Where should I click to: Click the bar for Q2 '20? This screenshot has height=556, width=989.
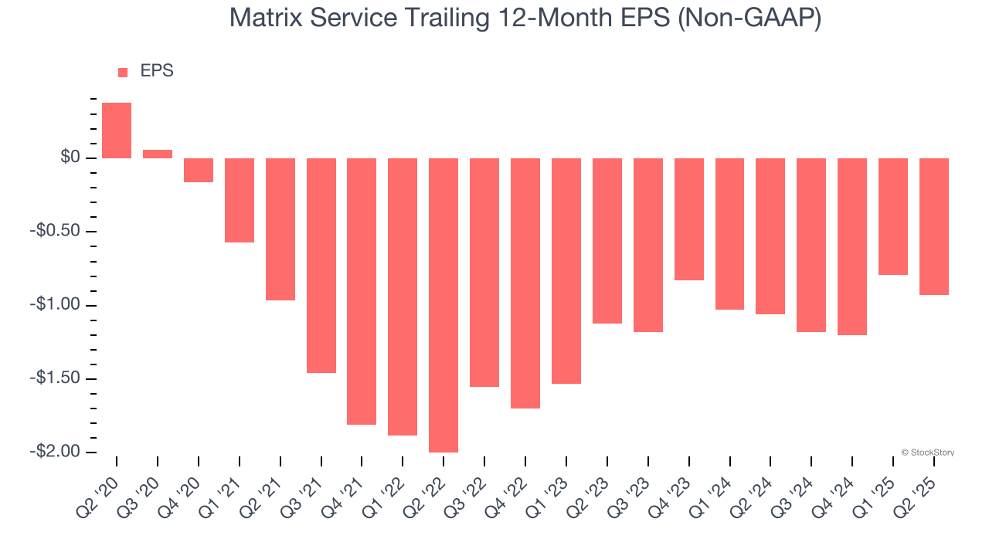[x=117, y=131]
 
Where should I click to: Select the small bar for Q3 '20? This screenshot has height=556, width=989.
[x=158, y=154]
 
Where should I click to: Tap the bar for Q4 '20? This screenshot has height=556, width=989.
[x=199, y=170]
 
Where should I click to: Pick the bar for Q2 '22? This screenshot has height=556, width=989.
[x=444, y=305]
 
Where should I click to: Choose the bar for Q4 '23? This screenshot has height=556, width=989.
[x=689, y=219]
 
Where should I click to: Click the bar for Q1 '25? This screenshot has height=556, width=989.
[x=893, y=216]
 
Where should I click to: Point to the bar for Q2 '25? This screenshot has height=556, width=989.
[x=934, y=226]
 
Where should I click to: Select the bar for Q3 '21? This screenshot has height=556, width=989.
[x=321, y=266]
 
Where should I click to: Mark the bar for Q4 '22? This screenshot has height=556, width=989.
[x=525, y=283]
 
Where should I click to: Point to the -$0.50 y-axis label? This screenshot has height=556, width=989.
[x=54, y=232]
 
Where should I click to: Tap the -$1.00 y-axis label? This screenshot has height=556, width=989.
[x=54, y=305]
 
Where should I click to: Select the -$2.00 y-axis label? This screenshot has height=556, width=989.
[x=54, y=452]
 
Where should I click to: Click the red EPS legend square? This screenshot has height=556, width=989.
[x=123, y=73]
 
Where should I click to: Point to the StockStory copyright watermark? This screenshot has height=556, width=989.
[x=927, y=453]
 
